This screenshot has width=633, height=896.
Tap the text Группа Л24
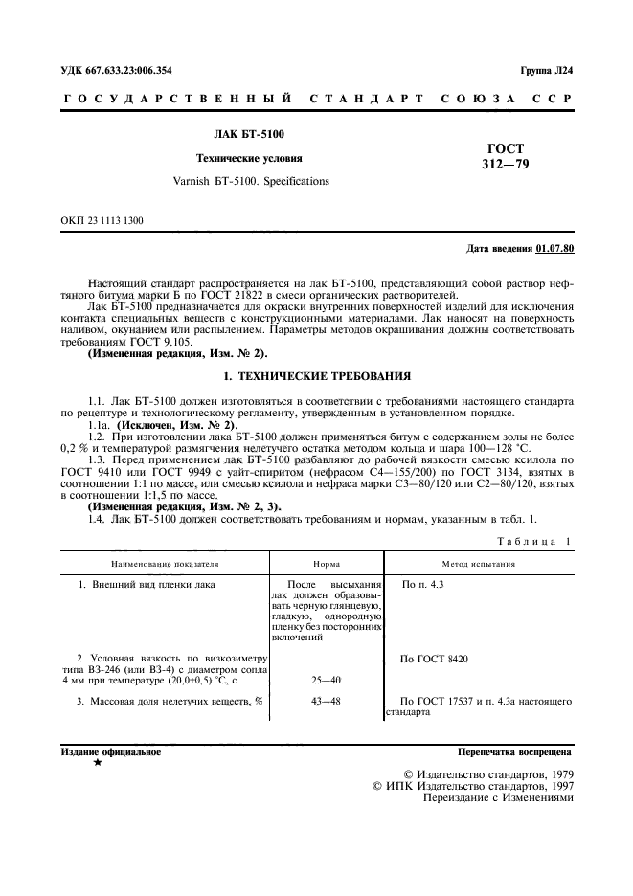(547, 71)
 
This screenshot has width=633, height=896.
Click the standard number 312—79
(505, 165)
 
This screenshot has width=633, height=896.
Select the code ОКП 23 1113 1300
(102, 221)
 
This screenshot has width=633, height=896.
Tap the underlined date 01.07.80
(554, 250)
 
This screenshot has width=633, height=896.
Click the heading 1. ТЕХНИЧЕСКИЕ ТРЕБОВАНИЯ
(316, 376)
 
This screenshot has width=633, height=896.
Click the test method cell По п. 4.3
(423, 583)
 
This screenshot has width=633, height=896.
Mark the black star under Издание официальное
(97, 764)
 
